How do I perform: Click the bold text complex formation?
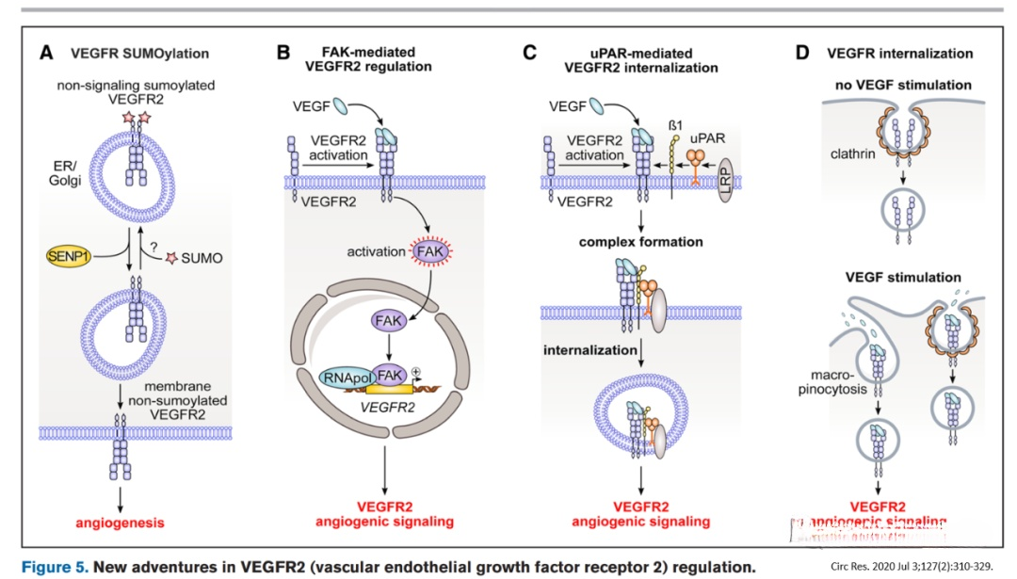(640, 242)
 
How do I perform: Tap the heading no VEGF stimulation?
(903, 86)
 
